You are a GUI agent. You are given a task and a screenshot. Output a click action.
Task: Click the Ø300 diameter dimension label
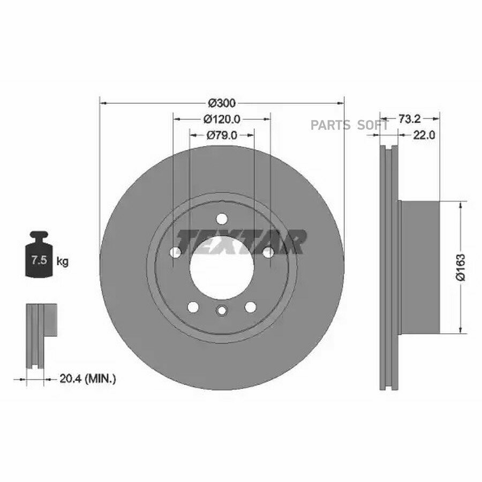click(222, 103)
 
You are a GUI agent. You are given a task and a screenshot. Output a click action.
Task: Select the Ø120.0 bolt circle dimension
click(222, 119)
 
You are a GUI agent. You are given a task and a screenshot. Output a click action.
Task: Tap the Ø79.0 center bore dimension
click(222, 135)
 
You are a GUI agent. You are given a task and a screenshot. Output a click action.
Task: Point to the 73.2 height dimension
click(409, 119)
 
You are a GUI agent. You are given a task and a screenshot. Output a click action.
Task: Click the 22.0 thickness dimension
click(424, 135)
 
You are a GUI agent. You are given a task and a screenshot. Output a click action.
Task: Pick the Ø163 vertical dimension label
click(461, 267)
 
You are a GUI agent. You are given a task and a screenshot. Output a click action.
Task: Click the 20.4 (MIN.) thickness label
click(88, 379)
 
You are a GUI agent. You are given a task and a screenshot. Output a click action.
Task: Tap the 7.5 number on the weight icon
click(39, 260)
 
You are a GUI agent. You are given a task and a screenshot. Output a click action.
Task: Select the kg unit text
click(63, 262)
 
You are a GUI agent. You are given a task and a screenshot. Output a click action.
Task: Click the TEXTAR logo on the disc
click(241, 243)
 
